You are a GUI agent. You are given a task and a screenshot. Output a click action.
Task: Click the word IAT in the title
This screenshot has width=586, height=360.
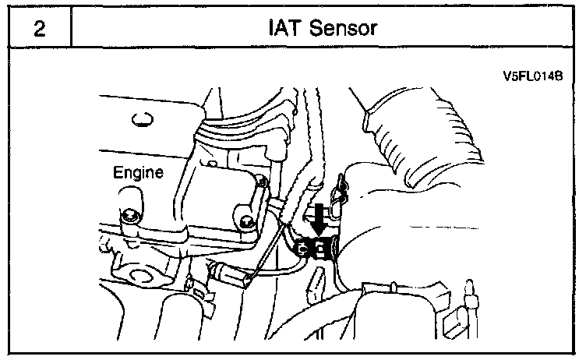tap(281, 30)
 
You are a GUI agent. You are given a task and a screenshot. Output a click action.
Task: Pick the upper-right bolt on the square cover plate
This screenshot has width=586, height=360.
tap(263, 183)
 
